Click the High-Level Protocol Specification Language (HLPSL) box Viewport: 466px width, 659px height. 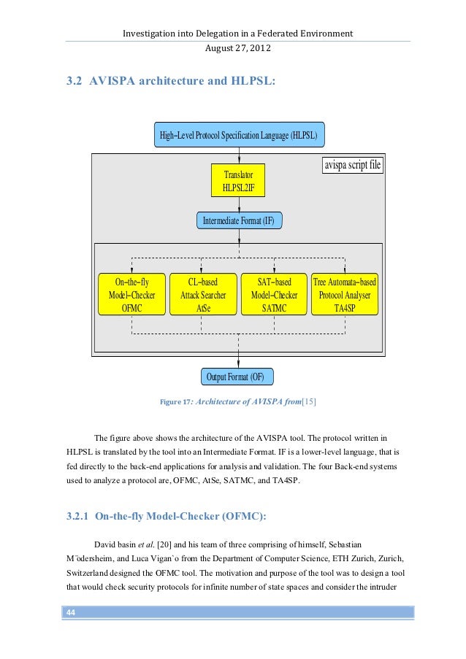point(240,136)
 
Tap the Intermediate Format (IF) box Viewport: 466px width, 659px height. point(239,220)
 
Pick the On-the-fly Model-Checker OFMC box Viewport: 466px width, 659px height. point(132,295)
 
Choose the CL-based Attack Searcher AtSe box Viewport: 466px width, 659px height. point(203,295)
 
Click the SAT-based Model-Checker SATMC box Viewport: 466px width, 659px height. point(274,295)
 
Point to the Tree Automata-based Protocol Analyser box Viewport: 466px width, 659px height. point(345,295)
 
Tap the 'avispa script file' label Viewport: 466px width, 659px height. point(353,166)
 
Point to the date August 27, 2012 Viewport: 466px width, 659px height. point(238,47)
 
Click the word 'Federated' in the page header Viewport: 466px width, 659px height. point(264,34)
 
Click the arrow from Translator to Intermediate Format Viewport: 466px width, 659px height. point(240,205)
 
